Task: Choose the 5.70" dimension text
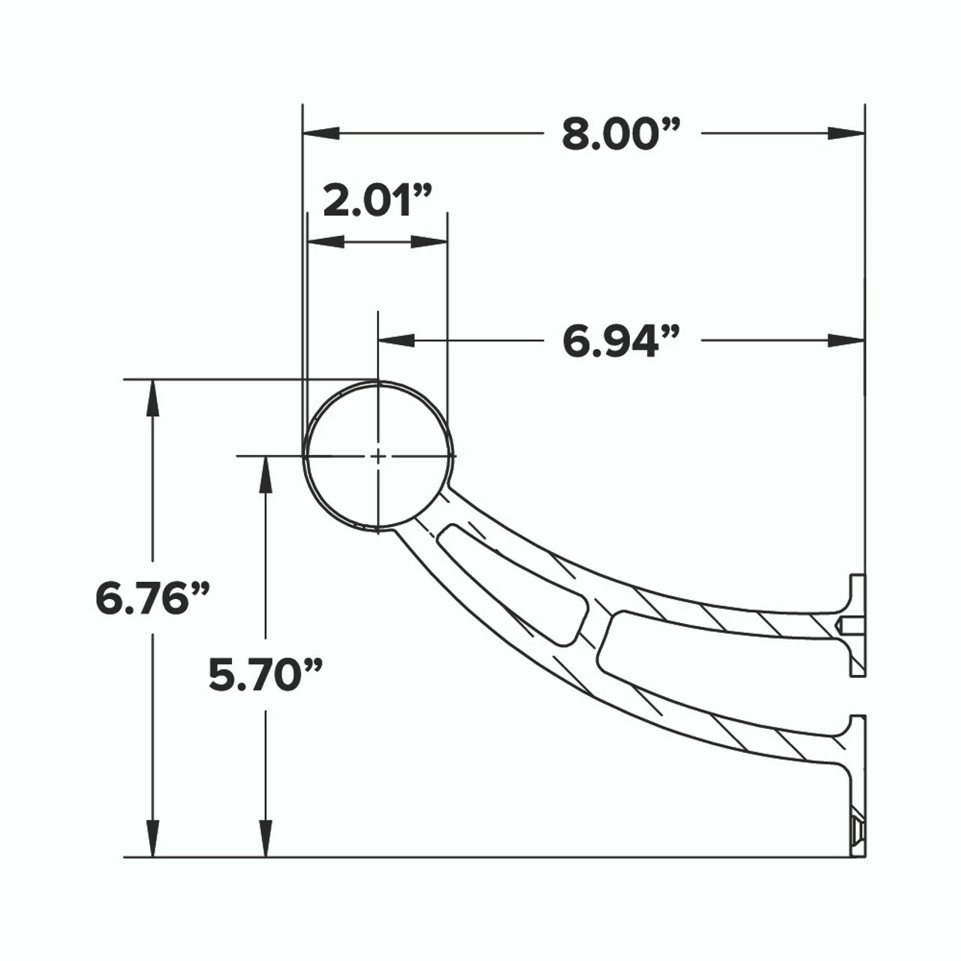pos(265,675)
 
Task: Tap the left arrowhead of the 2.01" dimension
pos(326,242)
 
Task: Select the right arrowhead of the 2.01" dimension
pos(429,242)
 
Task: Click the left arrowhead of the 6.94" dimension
pos(397,341)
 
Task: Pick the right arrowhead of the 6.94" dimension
pos(846,341)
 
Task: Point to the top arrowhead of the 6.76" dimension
pos(153,398)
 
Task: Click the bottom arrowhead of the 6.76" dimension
pos(153,838)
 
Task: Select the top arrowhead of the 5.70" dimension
pos(265,474)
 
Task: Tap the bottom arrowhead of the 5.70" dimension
pos(265,838)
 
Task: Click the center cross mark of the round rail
pos(378,456)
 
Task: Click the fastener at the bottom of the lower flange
pos(858,831)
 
